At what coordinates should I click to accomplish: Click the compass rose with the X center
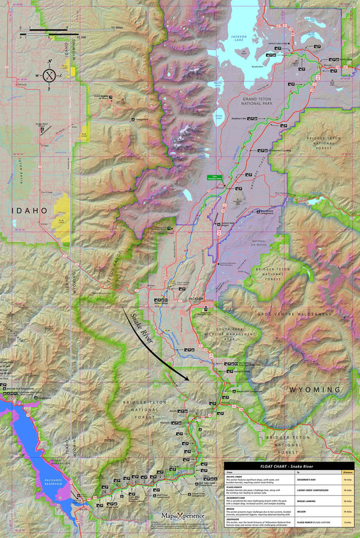tap(49, 75)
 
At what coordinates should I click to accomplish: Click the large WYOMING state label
tap(315, 389)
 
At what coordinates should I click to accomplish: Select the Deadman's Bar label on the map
tap(239, 119)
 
